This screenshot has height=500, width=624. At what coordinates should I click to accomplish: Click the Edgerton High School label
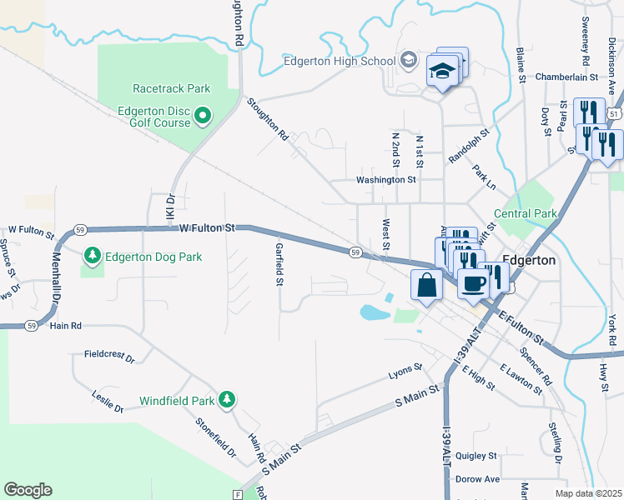pos(339,61)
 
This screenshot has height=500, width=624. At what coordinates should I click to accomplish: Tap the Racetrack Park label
pos(171,88)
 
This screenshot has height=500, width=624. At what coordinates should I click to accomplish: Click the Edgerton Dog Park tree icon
pos(93,256)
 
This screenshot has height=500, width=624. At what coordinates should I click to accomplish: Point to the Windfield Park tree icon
pos(226,401)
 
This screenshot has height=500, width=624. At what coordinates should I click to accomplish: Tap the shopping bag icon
pos(427,285)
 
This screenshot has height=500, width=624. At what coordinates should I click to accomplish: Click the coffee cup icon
pos(473,282)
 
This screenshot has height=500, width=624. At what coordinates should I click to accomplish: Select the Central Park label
pos(525,214)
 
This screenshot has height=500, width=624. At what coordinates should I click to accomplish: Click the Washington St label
pos(385,179)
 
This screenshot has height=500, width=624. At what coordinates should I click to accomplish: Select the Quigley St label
pos(476,456)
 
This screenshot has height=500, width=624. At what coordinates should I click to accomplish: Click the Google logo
pos(28,490)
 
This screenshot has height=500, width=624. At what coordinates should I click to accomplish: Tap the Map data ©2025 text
pos(589,493)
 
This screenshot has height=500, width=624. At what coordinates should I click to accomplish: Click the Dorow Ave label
pos(477,479)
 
